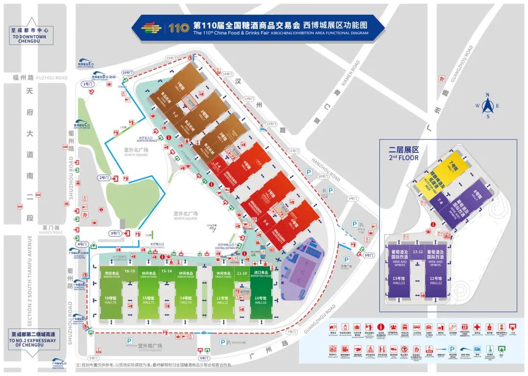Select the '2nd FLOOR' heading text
coord(404,158)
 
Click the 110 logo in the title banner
coord(179,27)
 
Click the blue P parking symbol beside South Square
coord(129,341)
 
